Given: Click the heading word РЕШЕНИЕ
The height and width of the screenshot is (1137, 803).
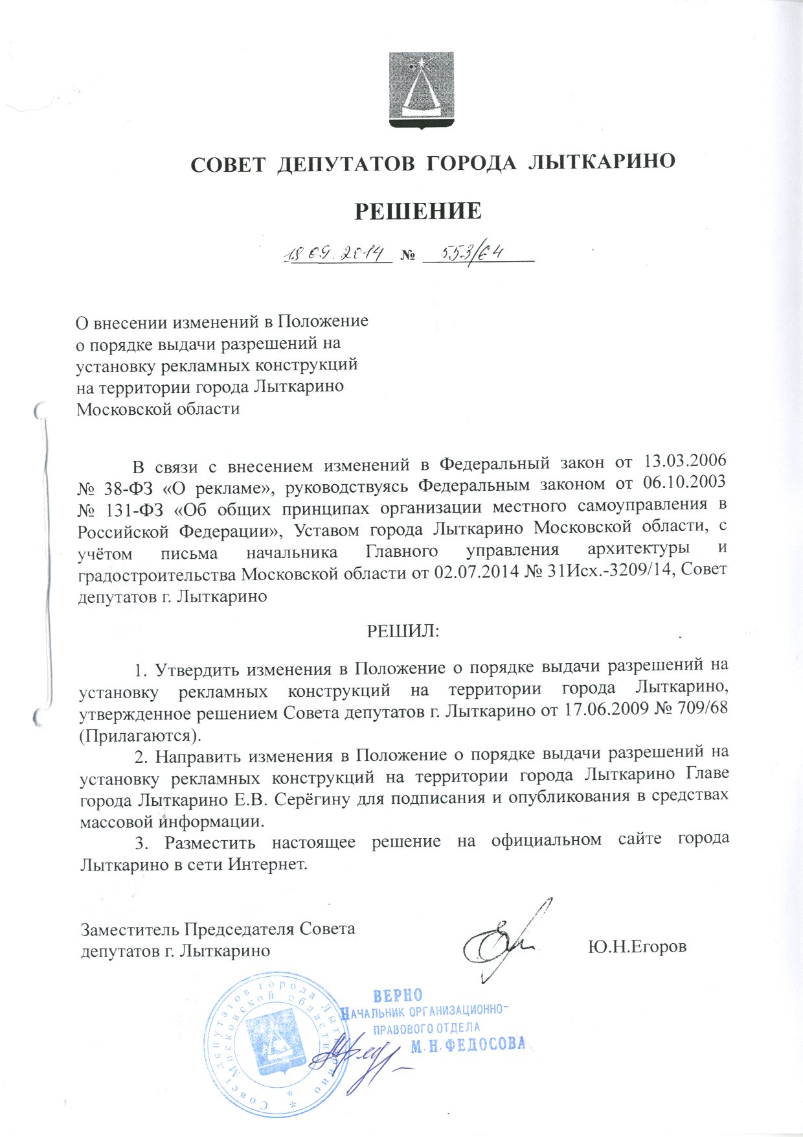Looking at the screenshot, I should click(418, 211).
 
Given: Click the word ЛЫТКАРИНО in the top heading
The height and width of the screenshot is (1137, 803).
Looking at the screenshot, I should click(603, 163).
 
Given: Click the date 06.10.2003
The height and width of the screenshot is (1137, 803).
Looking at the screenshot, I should click(686, 484).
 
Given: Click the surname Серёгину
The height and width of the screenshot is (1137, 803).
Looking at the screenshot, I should click(313, 798).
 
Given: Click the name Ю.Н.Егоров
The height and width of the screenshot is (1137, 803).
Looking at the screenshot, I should click(637, 947).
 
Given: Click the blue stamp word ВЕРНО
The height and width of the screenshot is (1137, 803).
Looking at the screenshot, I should click(398, 996).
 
